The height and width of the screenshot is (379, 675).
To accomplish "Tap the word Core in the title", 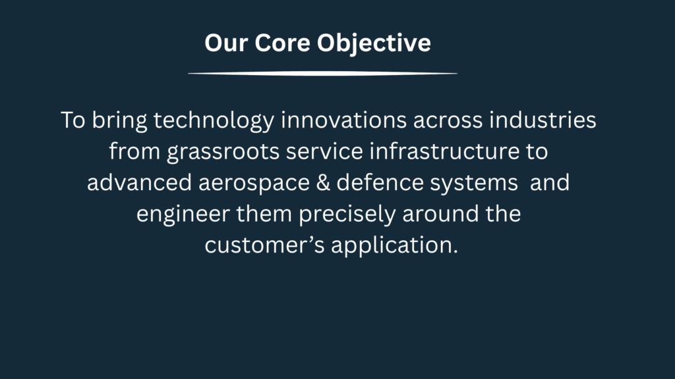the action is tap(282, 43).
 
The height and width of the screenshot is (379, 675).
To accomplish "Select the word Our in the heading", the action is tap(227, 43).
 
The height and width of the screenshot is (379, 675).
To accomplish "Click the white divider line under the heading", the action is tap(322, 74).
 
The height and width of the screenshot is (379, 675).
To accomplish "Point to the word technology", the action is tap(214, 120).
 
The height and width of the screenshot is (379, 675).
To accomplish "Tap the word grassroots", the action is tap(223, 152).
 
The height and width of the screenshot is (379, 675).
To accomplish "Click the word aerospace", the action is tap(254, 183).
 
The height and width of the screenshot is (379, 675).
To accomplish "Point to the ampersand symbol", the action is tap(323, 182).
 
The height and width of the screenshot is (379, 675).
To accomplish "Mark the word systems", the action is tap(473, 183).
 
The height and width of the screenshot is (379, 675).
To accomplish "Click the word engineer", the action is tap(183, 214).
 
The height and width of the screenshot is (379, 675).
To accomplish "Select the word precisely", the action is tap(347, 214).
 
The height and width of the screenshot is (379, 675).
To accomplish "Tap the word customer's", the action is tap(264, 245).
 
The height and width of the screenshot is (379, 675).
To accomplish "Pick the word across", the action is tap(448, 120).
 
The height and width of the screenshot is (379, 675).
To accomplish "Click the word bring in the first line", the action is tap(119, 120).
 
